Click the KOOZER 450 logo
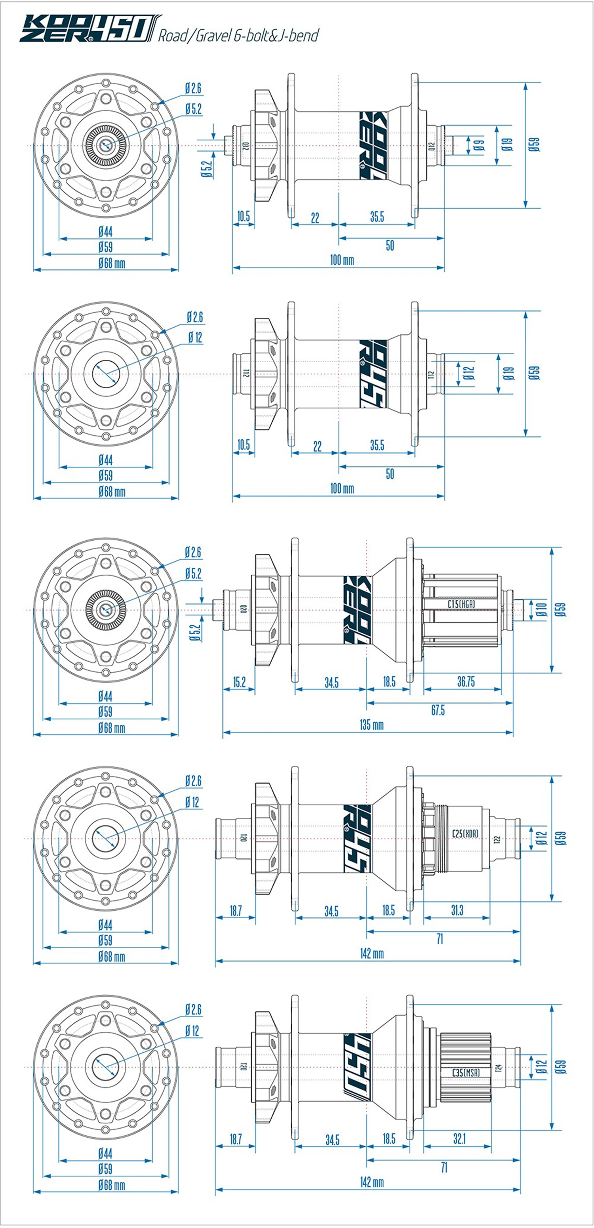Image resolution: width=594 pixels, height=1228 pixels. coord(89,29)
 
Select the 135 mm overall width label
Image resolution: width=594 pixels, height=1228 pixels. coord(371,725)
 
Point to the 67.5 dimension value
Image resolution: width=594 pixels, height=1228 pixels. coord(438,710)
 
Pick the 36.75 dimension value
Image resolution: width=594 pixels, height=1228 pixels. coord(466,682)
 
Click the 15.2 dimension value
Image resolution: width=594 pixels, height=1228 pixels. coord(239,682)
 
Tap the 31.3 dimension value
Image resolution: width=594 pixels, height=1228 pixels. coord(457,911)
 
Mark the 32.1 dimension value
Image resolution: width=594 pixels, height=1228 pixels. coord(459,1139)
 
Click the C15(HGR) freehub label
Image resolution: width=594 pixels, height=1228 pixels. coord(461,604)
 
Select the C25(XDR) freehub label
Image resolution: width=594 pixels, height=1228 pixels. coord(465,833)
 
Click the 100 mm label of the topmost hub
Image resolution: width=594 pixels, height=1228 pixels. coord(342,260)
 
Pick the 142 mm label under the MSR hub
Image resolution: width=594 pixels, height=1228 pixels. coord(371,1182)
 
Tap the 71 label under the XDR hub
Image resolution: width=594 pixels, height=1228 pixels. coord(440,939)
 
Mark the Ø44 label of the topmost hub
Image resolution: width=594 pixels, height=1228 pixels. coord(105,232)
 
